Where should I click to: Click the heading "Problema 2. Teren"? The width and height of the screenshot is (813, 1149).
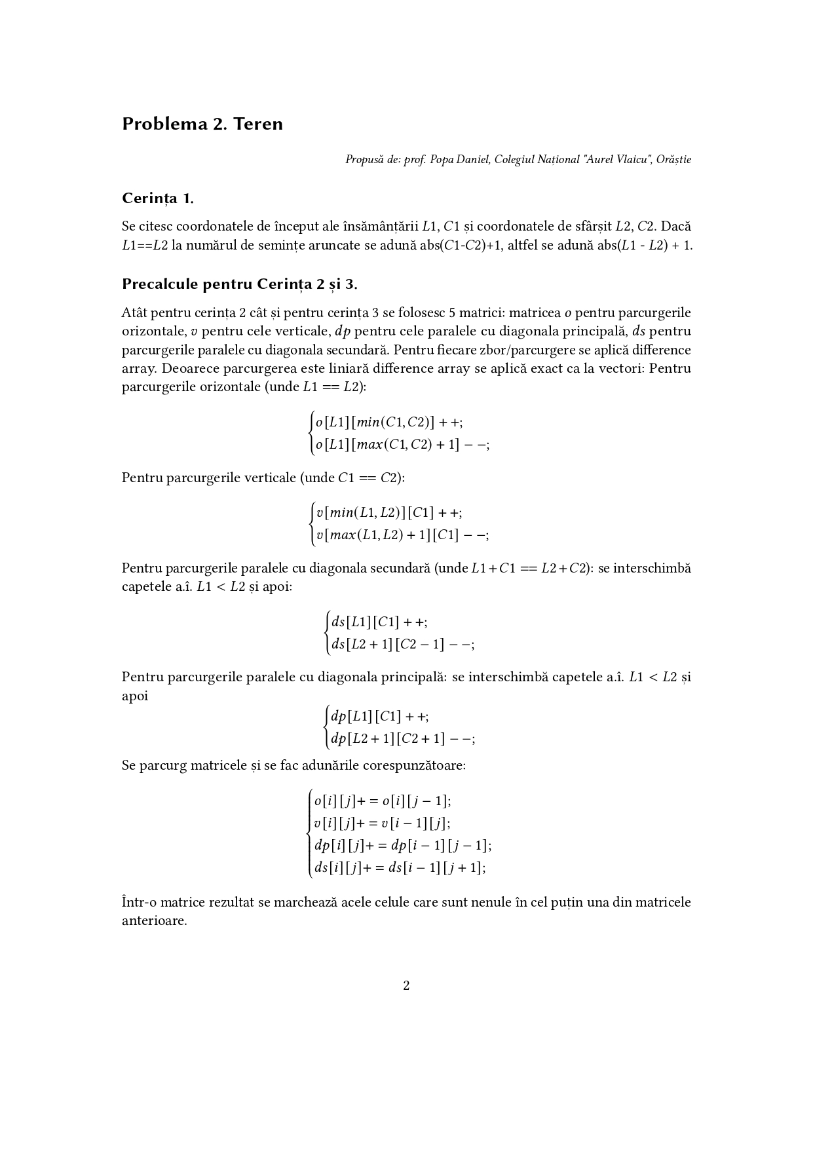[x=202, y=124]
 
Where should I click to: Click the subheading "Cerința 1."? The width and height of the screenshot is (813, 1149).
[x=157, y=198]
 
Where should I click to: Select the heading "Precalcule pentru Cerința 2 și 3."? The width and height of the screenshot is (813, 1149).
[x=240, y=284]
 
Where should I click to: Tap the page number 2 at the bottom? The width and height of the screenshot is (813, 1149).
[x=406, y=985]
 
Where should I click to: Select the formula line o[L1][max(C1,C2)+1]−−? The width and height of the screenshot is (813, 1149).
[x=402, y=445]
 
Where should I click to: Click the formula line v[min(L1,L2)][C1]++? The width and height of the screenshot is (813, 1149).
[x=389, y=512]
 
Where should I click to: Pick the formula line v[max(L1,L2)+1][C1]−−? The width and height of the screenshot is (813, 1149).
[x=402, y=535]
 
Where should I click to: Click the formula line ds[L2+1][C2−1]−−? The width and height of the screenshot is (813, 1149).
[x=403, y=644]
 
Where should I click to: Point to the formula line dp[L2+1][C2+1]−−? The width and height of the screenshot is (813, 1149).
[x=403, y=738]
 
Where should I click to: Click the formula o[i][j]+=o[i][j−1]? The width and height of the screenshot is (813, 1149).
[x=383, y=801]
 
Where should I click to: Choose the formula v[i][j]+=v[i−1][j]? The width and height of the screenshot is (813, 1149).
[x=382, y=823]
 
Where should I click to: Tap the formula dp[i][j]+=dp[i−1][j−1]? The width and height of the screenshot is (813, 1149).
[x=403, y=845]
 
